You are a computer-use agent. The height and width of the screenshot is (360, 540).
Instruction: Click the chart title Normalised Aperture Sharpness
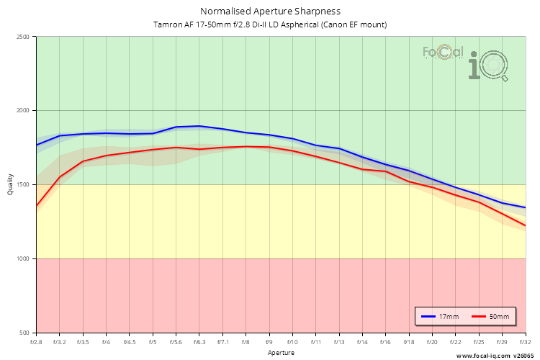[x=270, y=12]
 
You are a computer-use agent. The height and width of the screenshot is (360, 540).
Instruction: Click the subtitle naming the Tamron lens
[x=270, y=24]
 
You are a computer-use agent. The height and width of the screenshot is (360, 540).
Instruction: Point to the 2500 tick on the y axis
[x=24, y=37]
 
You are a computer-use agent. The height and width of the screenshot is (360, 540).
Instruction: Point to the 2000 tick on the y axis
[x=24, y=111]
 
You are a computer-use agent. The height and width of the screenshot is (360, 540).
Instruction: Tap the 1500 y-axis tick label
[x=24, y=185]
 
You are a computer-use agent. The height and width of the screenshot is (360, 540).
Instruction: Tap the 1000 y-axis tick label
[x=24, y=258]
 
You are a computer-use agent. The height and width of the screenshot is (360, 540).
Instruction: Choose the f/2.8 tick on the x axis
[x=36, y=342]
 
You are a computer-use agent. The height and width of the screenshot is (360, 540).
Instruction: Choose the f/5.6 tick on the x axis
[x=176, y=342]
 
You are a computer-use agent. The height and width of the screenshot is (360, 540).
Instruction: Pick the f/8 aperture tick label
[x=246, y=342]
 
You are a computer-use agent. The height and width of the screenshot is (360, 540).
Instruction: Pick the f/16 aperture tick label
[x=386, y=342]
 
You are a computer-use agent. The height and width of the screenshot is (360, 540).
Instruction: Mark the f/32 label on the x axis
[x=526, y=342]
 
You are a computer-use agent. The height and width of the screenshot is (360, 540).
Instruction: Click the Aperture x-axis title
[x=281, y=353]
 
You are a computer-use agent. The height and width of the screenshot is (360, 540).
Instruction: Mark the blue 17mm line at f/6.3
[x=199, y=126]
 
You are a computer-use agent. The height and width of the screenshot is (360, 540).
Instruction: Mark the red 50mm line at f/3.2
[x=60, y=177]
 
